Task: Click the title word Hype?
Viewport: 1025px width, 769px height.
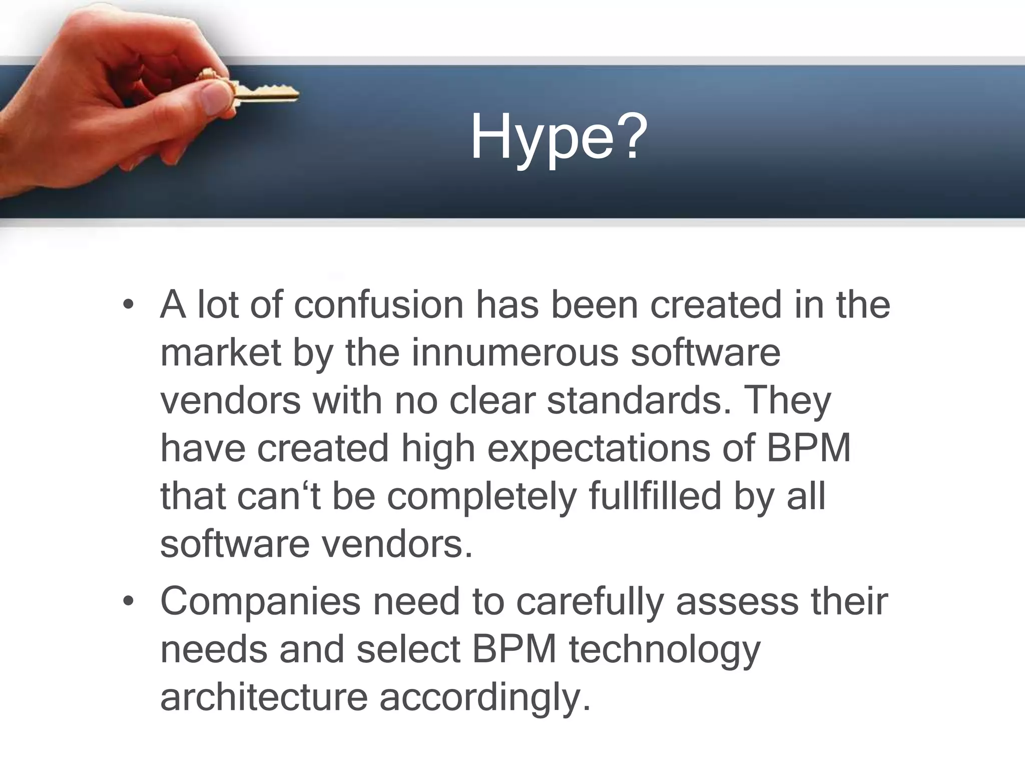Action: (559, 138)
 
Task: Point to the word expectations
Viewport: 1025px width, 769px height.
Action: (599, 449)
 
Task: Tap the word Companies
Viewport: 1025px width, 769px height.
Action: (260, 601)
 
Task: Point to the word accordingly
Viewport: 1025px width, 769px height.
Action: (485, 698)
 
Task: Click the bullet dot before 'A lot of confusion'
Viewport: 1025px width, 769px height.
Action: (129, 305)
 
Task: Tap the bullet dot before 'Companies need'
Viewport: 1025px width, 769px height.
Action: (129, 601)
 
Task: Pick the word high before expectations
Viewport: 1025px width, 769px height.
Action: (438, 449)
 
